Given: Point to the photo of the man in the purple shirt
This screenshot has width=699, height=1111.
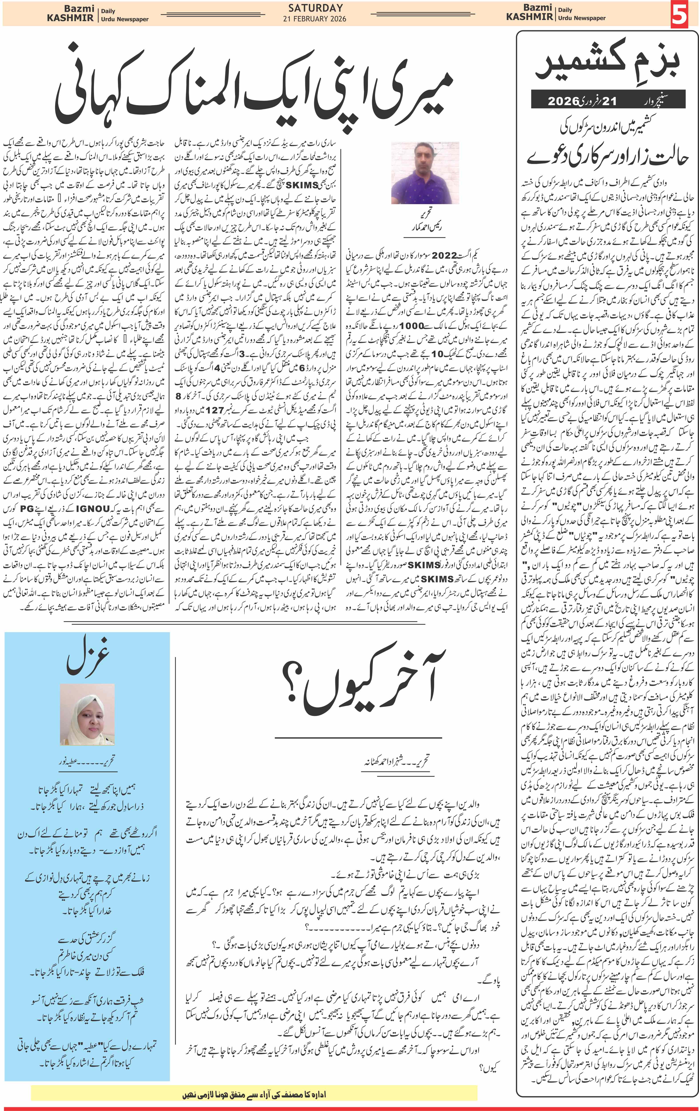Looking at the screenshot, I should [x=424, y=173].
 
